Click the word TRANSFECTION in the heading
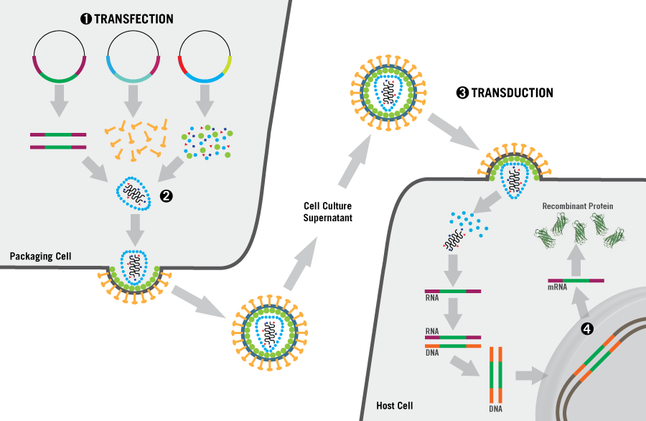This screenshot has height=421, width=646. (x=134, y=19)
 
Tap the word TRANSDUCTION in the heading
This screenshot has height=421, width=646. (x=511, y=93)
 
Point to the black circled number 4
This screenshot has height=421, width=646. (x=586, y=329)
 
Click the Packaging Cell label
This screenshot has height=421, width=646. (x=37, y=256)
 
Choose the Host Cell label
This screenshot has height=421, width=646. (x=395, y=406)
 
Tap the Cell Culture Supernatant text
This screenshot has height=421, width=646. (x=327, y=213)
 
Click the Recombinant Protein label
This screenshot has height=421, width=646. (x=578, y=206)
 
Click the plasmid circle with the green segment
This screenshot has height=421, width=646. (x=60, y=57)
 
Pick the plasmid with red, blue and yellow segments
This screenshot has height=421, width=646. (x=205, y=57)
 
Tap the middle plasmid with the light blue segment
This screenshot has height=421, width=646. (x=132, y=57)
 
